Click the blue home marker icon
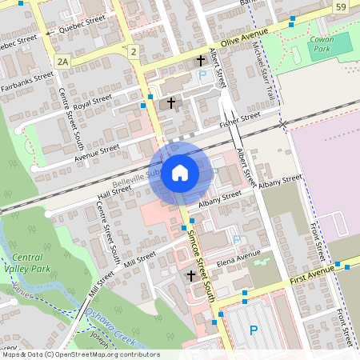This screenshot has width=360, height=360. tap(180, 172)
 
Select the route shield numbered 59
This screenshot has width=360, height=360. tap(342, 7)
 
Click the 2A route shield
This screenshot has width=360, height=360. tap(63, 61)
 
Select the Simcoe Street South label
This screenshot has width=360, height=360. tap(203, 265)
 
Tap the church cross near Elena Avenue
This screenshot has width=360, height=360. tap(191, 275)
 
